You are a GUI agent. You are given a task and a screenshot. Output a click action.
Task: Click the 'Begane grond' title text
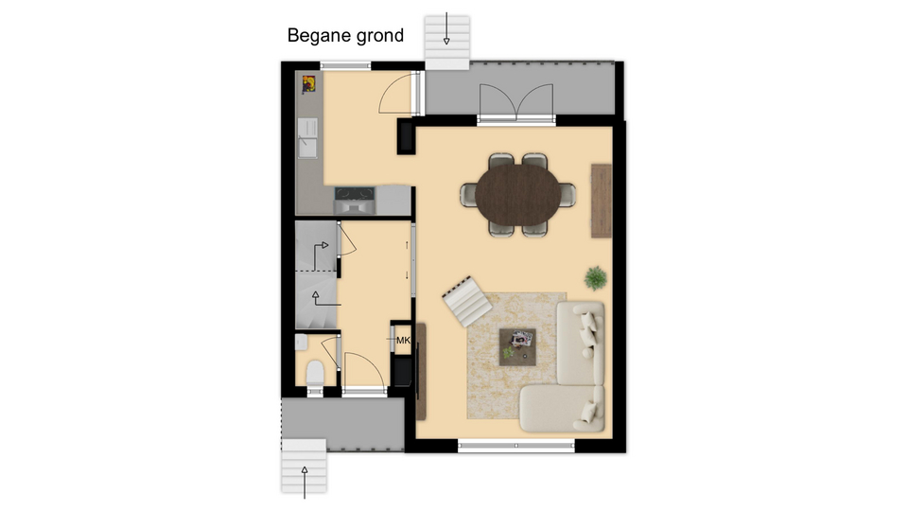click(x=345, y=36)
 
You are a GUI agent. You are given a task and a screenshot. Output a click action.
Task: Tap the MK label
click(x=403, y=340)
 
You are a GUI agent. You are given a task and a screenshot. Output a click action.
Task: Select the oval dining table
click(x=517, y=195)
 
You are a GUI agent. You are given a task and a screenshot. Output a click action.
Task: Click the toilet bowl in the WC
click(x=315, y=373)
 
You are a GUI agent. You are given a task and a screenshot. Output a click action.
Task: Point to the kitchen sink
click(x=306, y=138)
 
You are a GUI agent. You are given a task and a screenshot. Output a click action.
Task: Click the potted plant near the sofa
click(x=595, y=278)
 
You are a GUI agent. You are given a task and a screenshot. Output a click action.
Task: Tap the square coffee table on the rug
click(x=517, y=347)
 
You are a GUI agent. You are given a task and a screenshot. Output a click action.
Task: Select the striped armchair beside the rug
click(x=466, y=301)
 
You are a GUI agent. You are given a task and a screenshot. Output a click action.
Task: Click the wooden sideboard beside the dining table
click(x=602, y=201)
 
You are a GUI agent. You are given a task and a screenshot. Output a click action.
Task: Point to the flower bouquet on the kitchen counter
click(x=308, y=84)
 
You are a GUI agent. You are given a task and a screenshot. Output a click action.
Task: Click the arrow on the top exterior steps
click(x=446, y=28)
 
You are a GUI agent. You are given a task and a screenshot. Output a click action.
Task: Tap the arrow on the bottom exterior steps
click(x=305, y=482)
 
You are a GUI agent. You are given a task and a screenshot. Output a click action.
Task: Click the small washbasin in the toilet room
click(x=301, y=342)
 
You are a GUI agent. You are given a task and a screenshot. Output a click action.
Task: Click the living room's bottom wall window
click(x=516, y=446)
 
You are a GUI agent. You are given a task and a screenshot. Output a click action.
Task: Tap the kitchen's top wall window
click(x=345, y=66)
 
